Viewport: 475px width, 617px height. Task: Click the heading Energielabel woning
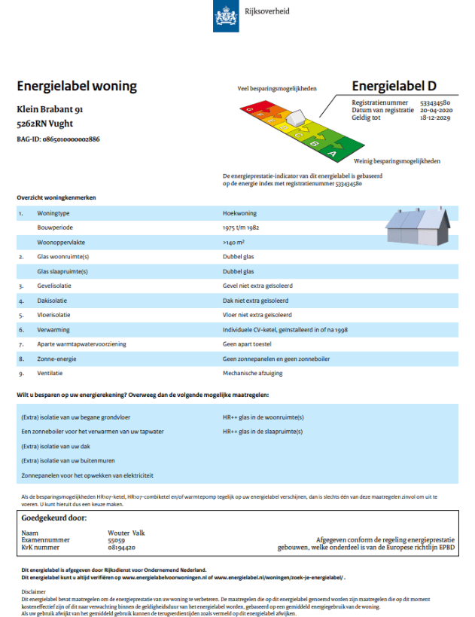[77, 86]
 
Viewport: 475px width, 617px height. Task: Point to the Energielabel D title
[394, 86]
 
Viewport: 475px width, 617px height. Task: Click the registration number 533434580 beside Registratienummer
[435, 102]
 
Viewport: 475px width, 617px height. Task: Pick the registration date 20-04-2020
[434, 110]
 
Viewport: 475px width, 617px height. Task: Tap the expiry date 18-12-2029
[435, 118]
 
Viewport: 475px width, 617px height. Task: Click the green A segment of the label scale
[333, 153]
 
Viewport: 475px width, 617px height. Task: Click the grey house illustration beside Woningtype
[413, 226]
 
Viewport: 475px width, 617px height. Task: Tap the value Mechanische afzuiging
[254, 374]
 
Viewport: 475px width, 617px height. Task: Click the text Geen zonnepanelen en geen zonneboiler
[276, 359]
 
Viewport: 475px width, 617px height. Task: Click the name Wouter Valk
[126, 533]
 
